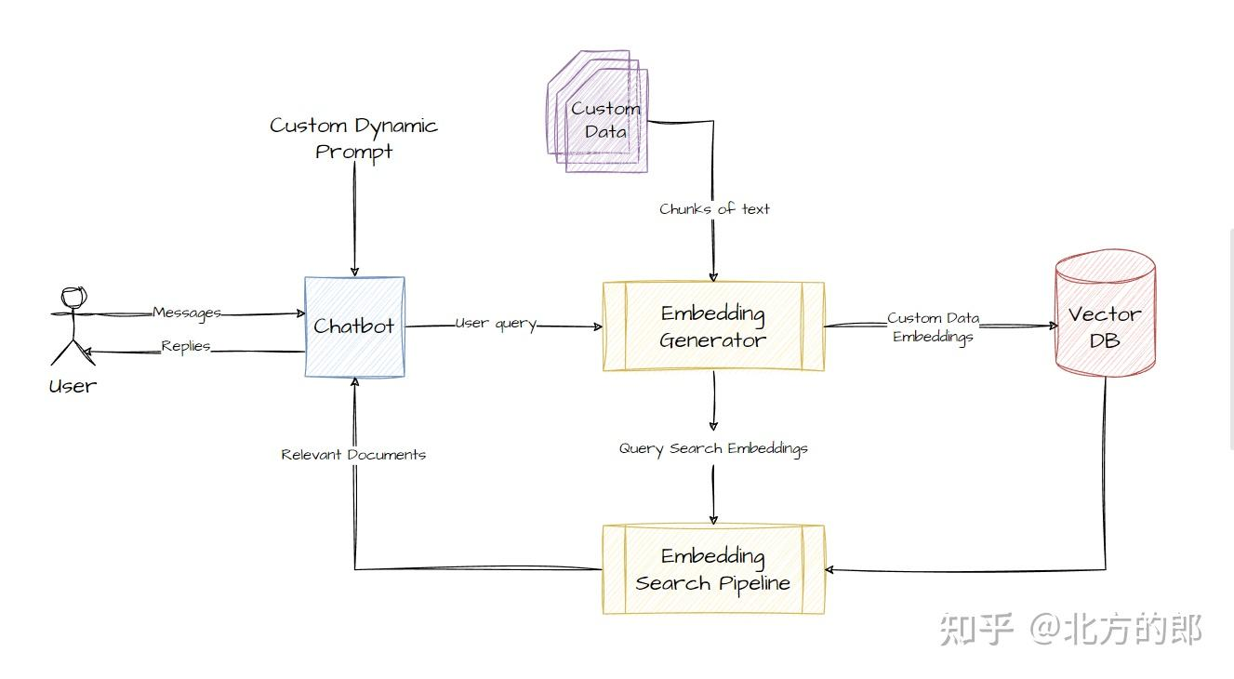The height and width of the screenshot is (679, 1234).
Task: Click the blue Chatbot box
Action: tap(354, 326)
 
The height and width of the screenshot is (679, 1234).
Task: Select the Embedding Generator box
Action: tap(713, 326)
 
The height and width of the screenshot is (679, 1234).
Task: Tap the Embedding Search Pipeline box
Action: tap(713, 569)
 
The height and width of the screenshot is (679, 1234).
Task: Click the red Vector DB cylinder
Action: tap(1105, 316)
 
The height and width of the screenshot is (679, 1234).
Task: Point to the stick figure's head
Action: tap(73, 299)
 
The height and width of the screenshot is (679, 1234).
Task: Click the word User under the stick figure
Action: tap(73, 385)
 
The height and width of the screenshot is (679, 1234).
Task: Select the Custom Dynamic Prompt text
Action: tap(353, 138)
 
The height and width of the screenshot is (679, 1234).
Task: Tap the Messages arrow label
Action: tap(187, 313)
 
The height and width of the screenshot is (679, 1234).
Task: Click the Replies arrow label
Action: tap(186, 346)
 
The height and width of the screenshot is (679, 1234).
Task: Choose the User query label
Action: tap(496, 324)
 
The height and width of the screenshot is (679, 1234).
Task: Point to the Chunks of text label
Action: tap(714, 209)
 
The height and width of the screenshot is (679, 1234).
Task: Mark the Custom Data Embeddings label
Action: tap(933, 327)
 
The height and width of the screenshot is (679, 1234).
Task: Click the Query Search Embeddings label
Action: tap(713, 448)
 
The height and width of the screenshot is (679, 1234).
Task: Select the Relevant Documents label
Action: tap(353, 455)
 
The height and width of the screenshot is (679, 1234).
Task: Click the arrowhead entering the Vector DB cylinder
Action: tap(1053, 326)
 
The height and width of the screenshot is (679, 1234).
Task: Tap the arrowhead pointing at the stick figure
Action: tap(85, 353)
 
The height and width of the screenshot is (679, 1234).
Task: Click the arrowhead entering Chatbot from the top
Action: tap(354, 271)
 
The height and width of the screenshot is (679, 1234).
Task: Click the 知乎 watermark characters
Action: tap(975, 630)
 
